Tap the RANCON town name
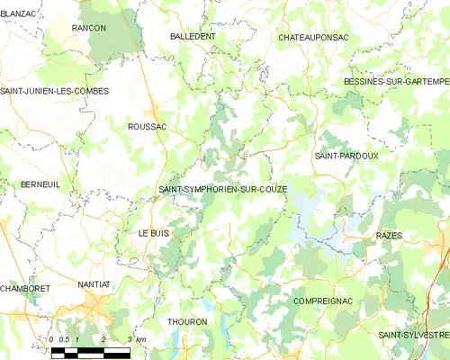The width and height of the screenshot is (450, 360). click(89, 28)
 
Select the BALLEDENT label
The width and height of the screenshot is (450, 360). click(193, 36)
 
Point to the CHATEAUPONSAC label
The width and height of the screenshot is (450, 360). click(313, 37)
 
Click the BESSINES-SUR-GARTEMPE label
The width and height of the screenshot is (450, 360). click(396, 81)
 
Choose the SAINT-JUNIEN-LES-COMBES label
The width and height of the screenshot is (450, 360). click(55, 92)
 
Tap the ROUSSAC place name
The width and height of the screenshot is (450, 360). click(148, 127)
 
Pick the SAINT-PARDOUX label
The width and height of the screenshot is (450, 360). click(346, 155)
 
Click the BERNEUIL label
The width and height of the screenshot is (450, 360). click(40, 184)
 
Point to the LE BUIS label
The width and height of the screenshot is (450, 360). click(153, 232)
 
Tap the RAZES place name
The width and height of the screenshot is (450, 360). click(388, 234)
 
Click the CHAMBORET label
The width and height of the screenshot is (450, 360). click(25, 288)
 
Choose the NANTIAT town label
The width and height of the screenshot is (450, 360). click(94, 283)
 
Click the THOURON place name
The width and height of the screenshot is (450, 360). click(187, 320)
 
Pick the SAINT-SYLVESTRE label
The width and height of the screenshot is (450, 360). click(414, 335)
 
